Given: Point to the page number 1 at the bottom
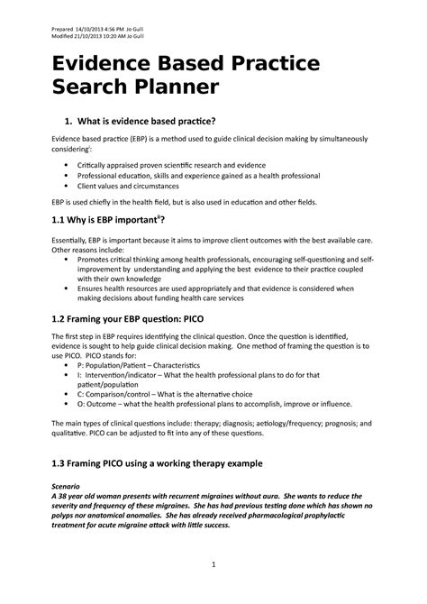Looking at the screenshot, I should pyautogui.click(x=213, y=564).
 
